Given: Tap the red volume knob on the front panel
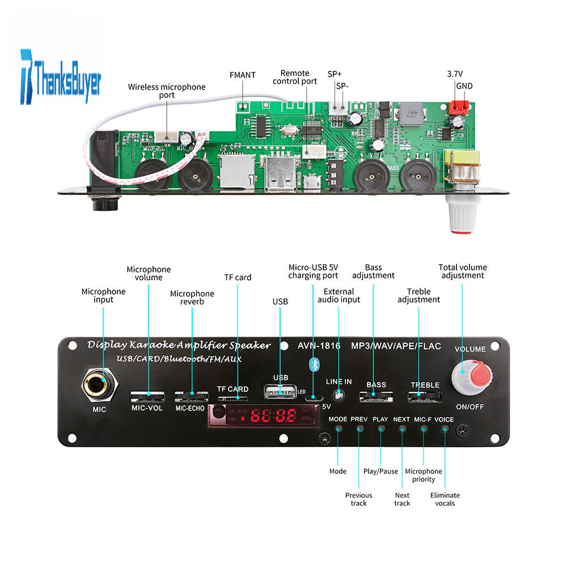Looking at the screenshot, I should pyautogui.click(x=469, y=375).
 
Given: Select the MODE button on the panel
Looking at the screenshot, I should pyautogui.click(x=338, y=428).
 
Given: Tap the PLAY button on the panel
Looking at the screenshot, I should pyautogui.click(x=380, y=428).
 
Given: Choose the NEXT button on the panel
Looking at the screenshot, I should pyautogui.click(x=402, y=428).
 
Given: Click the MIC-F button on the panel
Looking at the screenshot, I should pyautogui.click(x=423, y=428).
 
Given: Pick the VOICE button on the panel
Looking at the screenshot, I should pyautogui.click(x=445, y=428).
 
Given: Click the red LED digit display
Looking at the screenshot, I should pyautogui.click(x=273, y=417).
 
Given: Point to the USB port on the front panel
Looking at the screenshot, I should pyautogui.click(x=280, y=391).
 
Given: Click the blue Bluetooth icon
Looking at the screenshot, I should pyautogui.click(x=313, y=364).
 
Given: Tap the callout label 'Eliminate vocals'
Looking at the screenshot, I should pyautogui.click(x=445, y=499).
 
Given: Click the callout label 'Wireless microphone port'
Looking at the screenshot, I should pyautogui.click(x=167, y=91).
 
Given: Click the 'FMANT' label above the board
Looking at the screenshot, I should pyautogui.click(x=243, y=75).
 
